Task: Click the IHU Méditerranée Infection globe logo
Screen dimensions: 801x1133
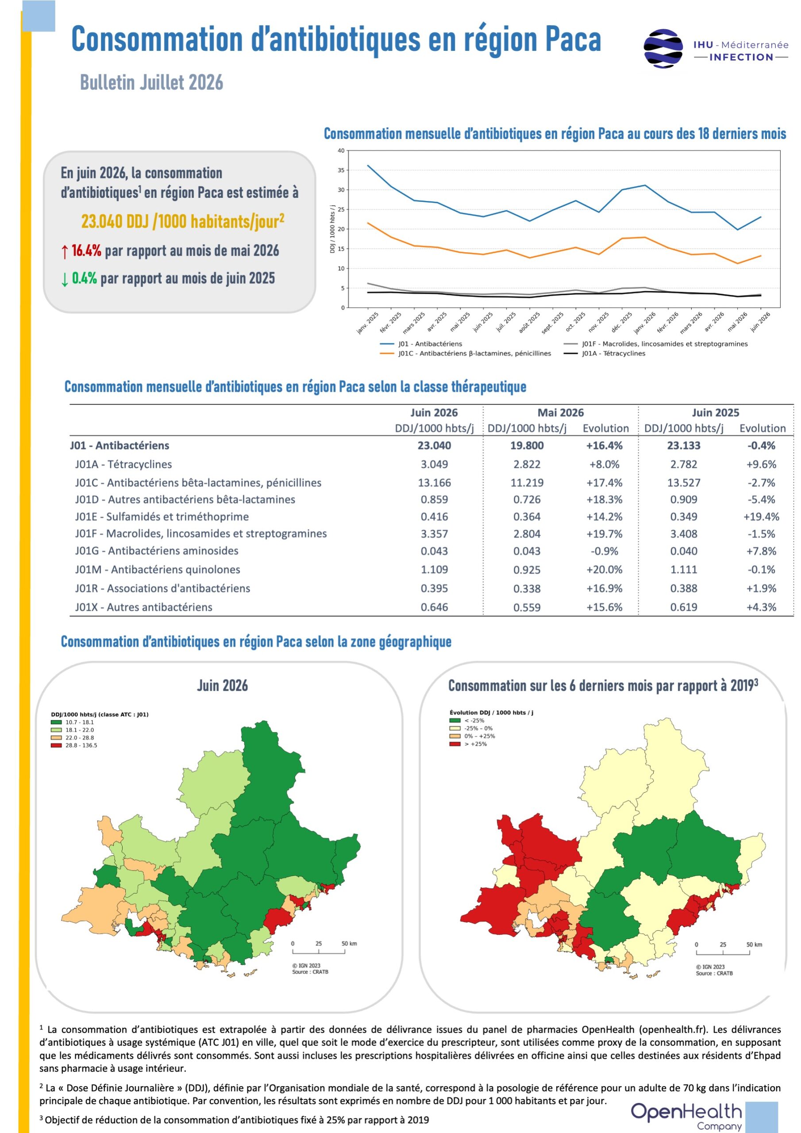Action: [663, 48]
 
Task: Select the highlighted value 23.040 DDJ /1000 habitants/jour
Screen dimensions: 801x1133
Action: [183, 222]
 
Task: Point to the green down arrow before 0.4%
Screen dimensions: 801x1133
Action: [64, 280]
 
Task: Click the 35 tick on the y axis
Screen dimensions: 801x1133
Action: [341, 170]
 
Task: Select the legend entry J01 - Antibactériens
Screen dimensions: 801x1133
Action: [421, 343]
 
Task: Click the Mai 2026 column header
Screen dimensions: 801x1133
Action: [560, 412]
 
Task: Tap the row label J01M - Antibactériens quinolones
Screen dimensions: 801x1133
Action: [158, 570]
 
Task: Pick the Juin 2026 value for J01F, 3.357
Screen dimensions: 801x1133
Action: [434, 534]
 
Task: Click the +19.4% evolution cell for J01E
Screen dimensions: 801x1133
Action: [761, 516]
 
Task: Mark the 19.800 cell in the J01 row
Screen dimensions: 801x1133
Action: [527, 446]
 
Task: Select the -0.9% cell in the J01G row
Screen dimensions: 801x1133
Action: [604, 551]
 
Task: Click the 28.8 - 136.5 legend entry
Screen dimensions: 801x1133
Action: [74, 746]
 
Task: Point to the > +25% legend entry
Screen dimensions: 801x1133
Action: [468, 744]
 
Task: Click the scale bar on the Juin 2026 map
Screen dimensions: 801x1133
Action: [318, 951]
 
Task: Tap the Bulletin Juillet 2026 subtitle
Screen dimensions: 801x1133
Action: [151, 82]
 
